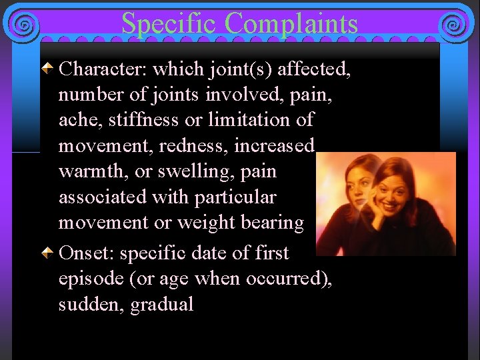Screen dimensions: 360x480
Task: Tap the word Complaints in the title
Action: pos(291,23)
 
